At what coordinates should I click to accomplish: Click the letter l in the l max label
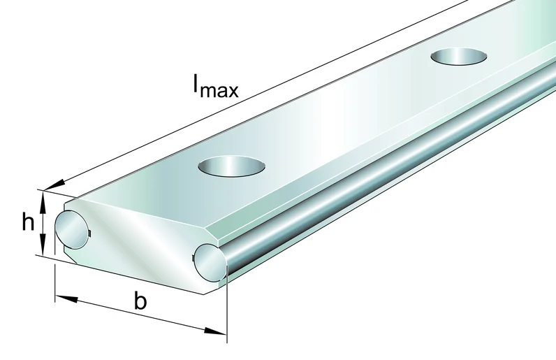tap(196, 82)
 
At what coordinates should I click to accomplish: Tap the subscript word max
tap(219, 91)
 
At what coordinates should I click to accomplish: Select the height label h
tap(29, 222)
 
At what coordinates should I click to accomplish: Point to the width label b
tap(140, 301)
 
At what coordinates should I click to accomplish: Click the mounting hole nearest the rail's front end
tap(232, 166)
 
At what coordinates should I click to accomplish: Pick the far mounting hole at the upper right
tap(458, 57)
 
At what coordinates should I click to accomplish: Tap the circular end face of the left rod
tap(72, 229)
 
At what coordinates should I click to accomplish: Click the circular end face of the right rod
tap(210, 263)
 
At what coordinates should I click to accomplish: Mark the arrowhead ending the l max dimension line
tap(55, 186)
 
